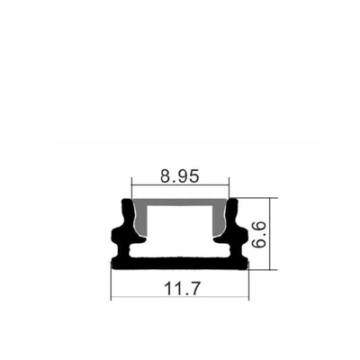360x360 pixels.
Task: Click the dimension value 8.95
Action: [x=180, y=176]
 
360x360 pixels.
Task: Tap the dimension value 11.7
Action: [x=182, y=289]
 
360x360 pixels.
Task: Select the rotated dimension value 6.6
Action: [x=258, y=235]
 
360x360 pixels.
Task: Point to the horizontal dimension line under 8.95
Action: [x=180, y=185]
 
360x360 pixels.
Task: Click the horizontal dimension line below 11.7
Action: [x=180, y=298]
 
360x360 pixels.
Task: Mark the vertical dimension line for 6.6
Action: [x=271, y=234]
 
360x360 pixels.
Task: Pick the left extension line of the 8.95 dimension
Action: [x=132, y=188]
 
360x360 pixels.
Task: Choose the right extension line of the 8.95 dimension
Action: [x=229, y=188]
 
